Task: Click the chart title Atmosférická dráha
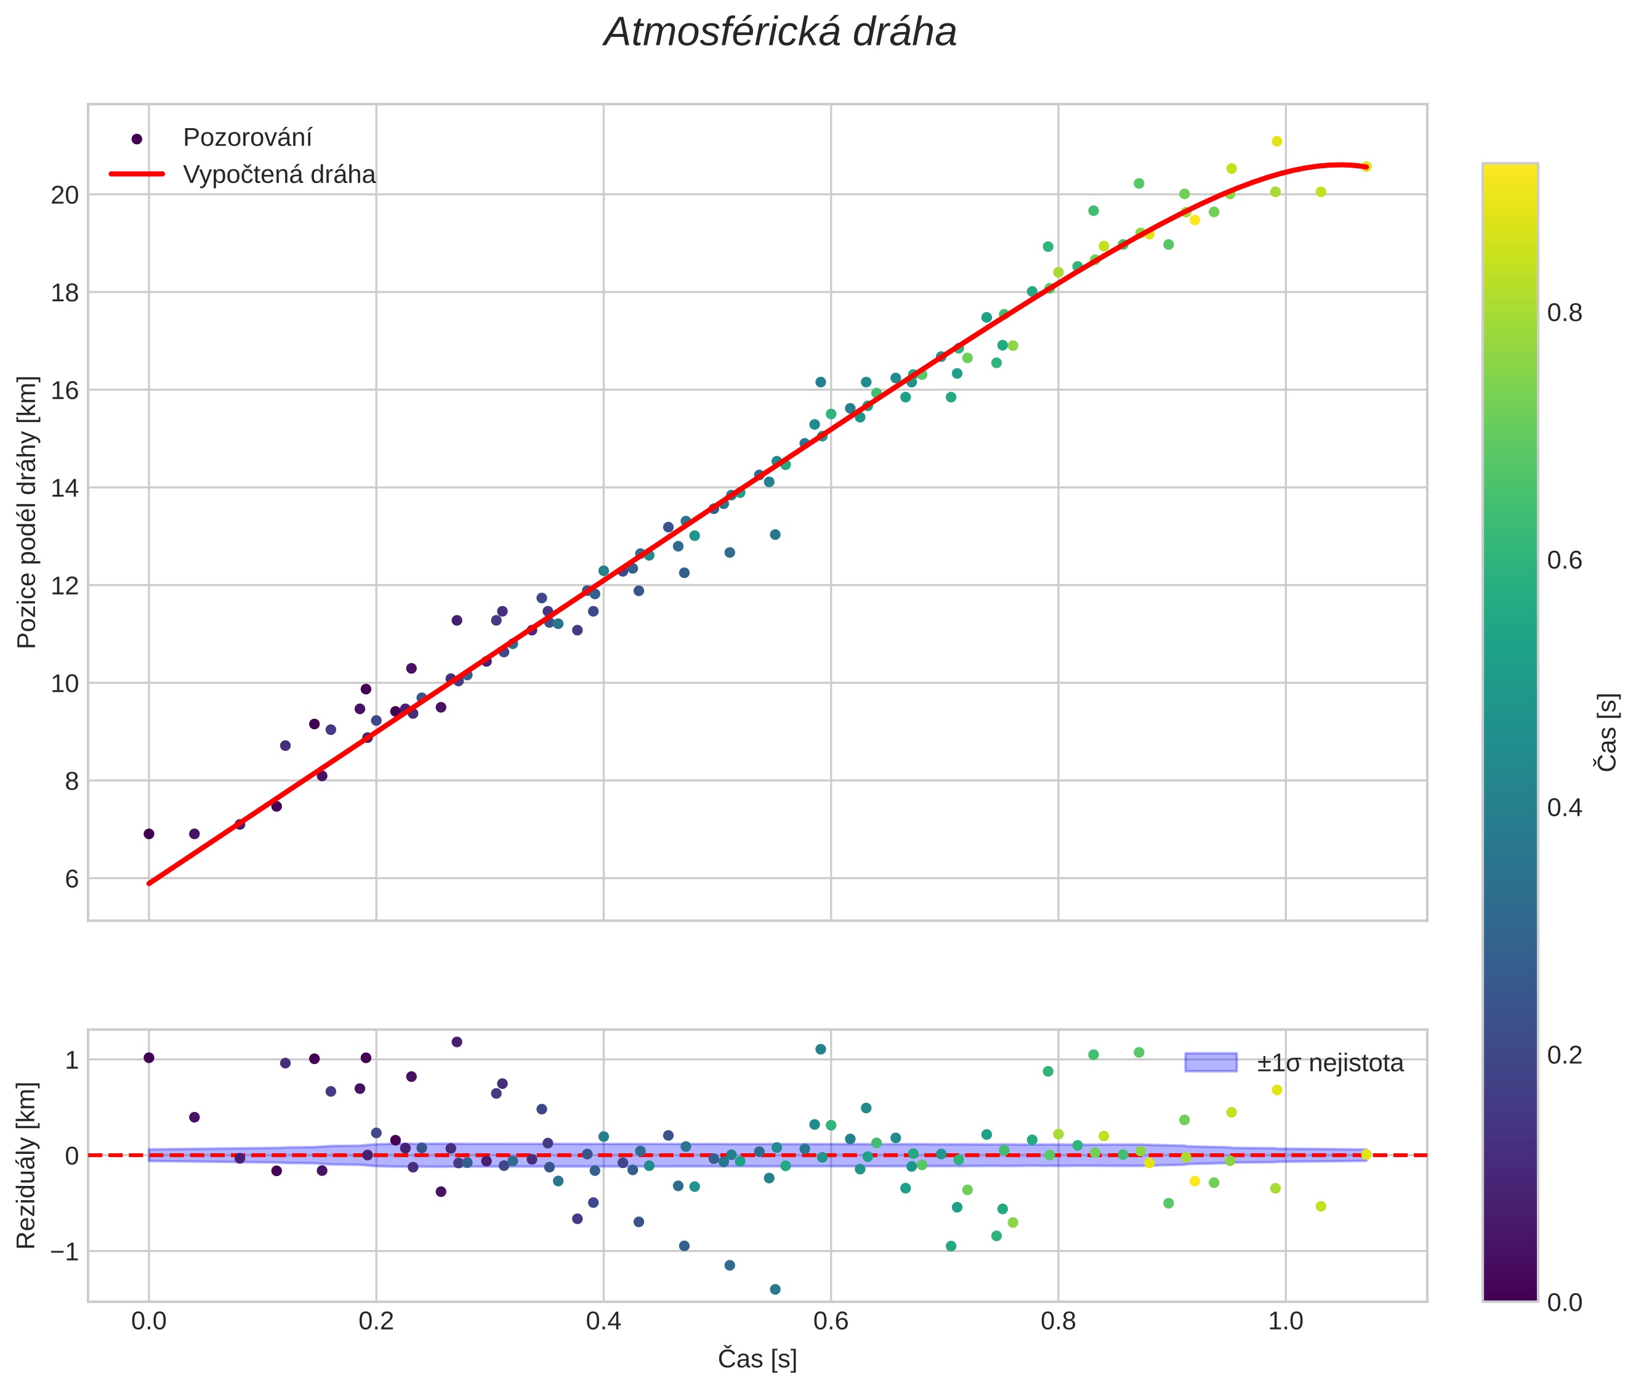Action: [780, 33]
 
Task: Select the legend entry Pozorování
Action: [247, 138]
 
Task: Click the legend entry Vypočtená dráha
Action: [278, 175]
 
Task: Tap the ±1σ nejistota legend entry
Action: [1329, 1063]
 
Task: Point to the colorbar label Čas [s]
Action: [1608, 732]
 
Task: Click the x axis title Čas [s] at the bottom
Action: [757, 1359]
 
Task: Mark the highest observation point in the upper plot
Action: [1276, 142]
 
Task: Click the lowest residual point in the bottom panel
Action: [775, 1289]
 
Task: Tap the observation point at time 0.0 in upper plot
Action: [148, 834]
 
